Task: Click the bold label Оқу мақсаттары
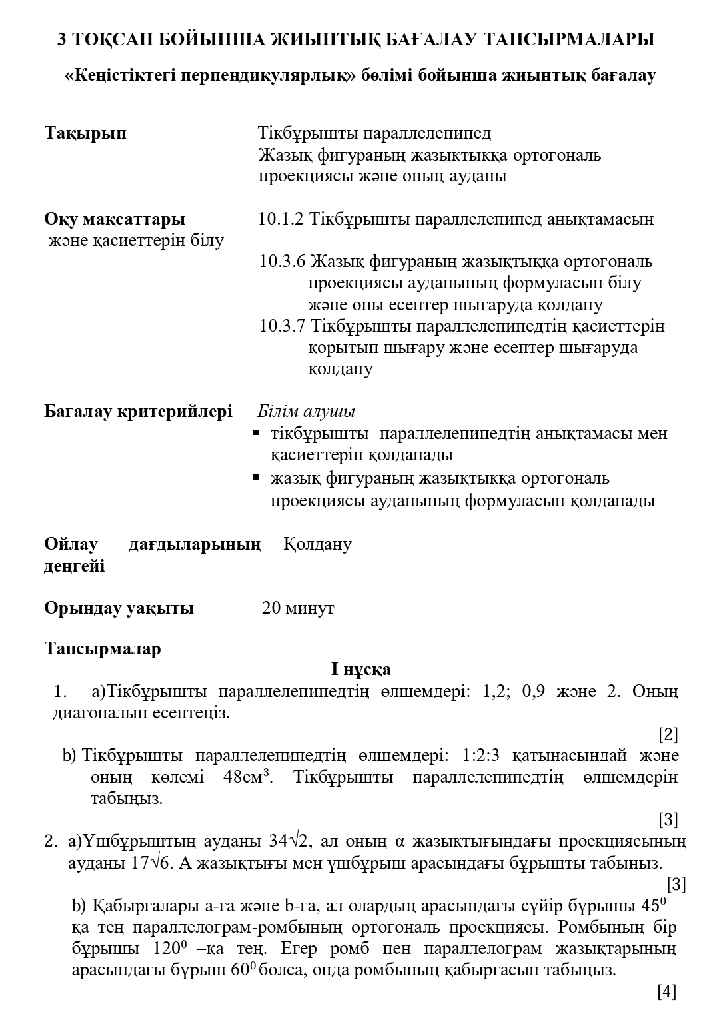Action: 115,219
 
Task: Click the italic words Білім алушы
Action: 306,411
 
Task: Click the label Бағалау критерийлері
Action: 138,411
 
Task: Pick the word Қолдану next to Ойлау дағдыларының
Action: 317,544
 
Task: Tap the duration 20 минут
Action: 298,608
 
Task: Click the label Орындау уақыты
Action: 119,608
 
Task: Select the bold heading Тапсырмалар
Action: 103,649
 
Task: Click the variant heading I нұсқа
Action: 361,669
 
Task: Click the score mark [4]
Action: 666,992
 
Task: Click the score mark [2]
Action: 668,735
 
